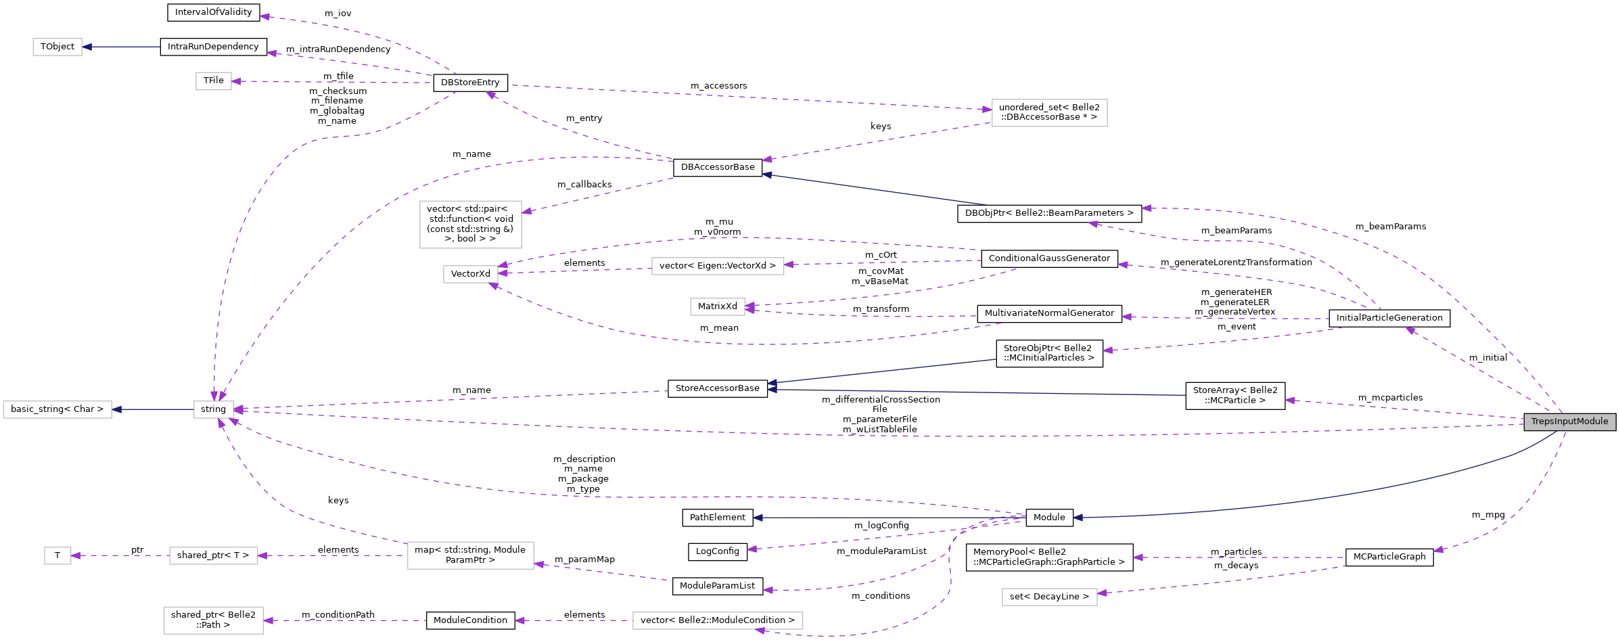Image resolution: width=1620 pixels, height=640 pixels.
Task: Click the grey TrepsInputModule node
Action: click(1569, 422)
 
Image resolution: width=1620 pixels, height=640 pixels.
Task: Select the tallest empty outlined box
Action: click(470, 225)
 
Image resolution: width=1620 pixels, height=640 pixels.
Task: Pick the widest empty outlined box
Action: click(718, 620)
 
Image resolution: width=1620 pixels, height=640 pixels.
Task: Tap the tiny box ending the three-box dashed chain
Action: click(57, 555)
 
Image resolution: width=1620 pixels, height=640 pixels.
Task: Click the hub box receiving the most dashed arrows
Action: click(214, 409)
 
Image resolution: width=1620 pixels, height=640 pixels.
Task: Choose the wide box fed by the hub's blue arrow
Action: click(57, 409)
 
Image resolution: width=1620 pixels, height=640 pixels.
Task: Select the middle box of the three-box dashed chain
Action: click(214, 555)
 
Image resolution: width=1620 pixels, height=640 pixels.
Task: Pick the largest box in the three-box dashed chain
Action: click(470, 555)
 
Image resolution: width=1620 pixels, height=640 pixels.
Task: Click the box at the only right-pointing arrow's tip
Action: click(1049, 113)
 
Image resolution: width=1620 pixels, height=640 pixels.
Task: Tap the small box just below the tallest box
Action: click(470, 274)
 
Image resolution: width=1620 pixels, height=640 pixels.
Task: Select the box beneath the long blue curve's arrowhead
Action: click(1049, 597)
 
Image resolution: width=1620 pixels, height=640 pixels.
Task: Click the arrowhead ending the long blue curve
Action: click(1078, 518)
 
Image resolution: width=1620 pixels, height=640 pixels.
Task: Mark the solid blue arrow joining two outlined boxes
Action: click(153, 409)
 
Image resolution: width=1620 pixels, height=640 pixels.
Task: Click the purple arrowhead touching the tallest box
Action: click(526, 212)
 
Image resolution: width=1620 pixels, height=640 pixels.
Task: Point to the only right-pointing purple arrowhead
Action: click(987, 109)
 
